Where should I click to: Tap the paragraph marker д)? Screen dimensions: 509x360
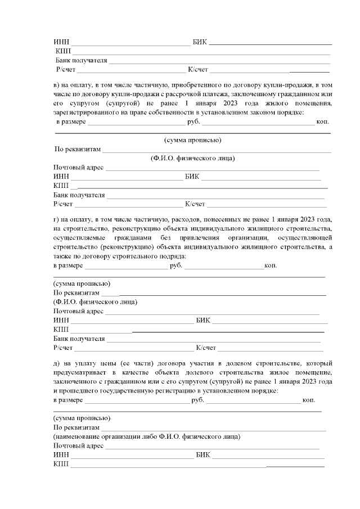tap(56, 364)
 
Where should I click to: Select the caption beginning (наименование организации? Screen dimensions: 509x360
tap(147, 436)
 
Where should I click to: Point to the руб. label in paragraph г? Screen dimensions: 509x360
tap(175, 265)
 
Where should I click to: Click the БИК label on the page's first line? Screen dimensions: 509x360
tap(200, 42)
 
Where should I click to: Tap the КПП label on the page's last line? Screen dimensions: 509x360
tap(60, 464)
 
